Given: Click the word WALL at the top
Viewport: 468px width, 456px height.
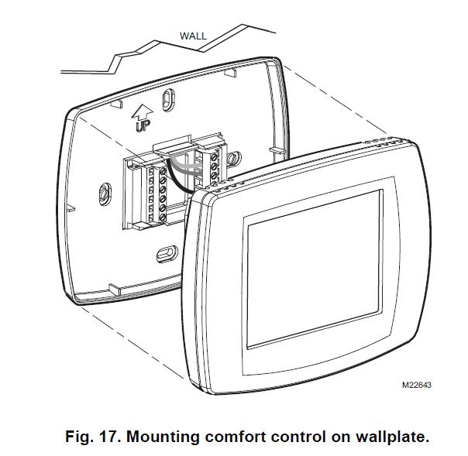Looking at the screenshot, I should tap(193, 36).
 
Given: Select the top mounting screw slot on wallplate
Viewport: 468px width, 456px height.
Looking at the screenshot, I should tap(170, 101).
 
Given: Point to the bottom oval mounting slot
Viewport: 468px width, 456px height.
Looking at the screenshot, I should tap(165, 252).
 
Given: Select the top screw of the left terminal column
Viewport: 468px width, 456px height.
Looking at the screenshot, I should tap(163, 166).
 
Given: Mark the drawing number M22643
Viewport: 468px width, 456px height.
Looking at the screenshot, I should tap(415, 383).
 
